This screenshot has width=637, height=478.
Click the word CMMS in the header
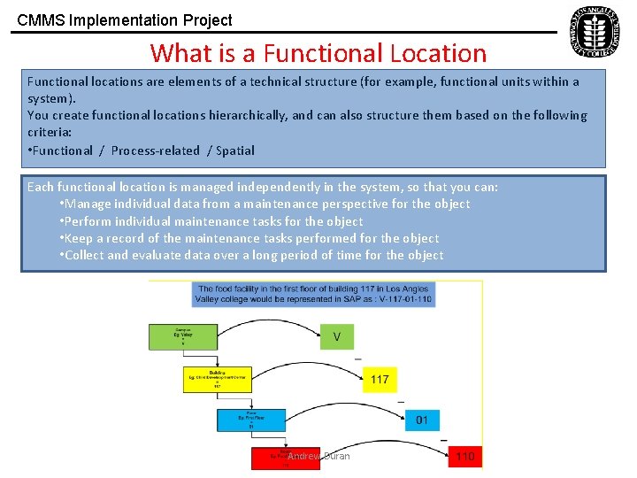(x=38, y=20)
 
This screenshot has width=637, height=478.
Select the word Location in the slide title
(x=436, y=53)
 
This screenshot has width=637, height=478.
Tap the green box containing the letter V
(x=336, y=337)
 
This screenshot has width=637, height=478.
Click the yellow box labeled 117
(x=379, y=380)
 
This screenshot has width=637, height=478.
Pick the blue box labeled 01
(x=421, y=420)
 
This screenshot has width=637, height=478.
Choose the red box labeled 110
(x=464, y=457)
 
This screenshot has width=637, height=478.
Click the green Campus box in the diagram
(x=182, y=337)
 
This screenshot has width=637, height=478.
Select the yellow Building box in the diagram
(x=217, y=380)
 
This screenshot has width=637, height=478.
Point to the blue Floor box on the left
(x=251, y=420)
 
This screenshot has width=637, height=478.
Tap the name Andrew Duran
(x=318, y=457)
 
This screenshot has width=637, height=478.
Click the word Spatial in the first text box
(x=235, y=150)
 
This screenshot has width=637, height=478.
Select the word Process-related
(x=155, y=150)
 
